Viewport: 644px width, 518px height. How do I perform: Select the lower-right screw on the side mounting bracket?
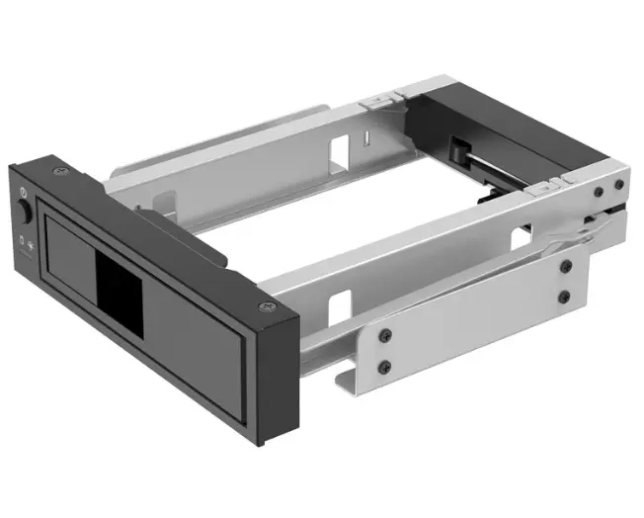(564, 297)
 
